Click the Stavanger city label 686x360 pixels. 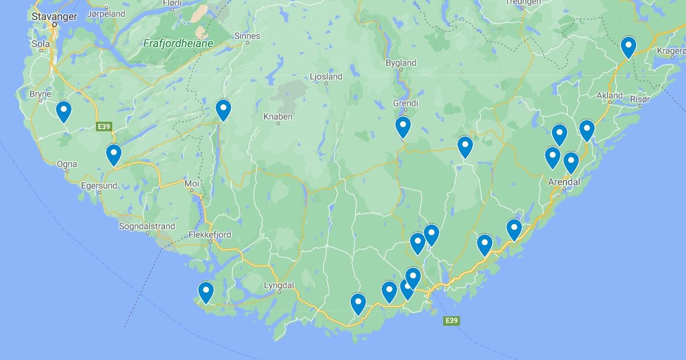coord(54,16)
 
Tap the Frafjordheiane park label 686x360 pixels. coord(178,44)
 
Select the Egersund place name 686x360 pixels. coord(99,186)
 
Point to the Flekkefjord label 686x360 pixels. coord(210,235)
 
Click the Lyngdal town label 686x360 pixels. coord(278,285)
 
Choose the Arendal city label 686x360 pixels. coord(564,182)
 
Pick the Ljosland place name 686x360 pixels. coord(326,76)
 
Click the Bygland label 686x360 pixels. coord(400,63)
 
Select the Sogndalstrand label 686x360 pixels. coord(147,227)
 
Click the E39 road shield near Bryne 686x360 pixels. coord(104,127)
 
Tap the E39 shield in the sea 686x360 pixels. coord(451,320)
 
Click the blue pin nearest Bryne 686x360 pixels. coord(64,111)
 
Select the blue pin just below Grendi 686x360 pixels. coord(403,127)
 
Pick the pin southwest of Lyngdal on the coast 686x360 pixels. coord(205,292)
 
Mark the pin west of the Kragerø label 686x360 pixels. coord(628,47)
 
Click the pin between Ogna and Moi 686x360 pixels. coord(114,154)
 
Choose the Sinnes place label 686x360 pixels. coord(247,36)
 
